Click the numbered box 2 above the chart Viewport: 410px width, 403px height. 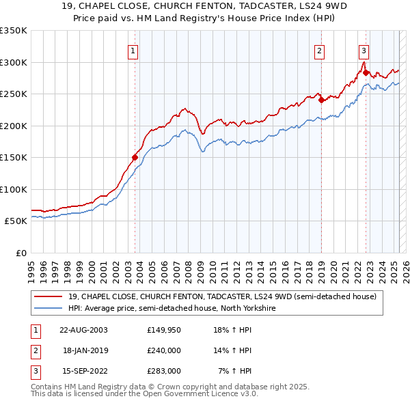point(319,50)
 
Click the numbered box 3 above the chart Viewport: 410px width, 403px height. point(364,50)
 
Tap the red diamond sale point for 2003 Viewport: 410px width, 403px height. point(135,158)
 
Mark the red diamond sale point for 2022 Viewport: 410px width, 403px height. point(366,73)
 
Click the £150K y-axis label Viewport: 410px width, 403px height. point(14,157)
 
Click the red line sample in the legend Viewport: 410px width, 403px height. point(49,297)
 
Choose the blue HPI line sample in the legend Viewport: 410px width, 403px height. point(49,309)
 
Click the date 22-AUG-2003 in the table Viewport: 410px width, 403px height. point(83,331)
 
